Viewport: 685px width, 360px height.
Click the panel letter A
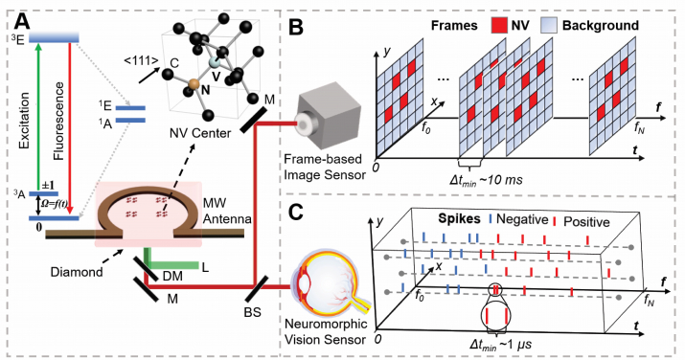coord(15,15)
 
